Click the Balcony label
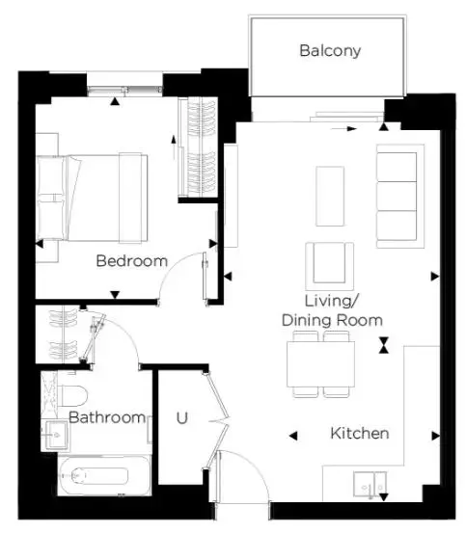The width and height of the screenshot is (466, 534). (x=330, y=51)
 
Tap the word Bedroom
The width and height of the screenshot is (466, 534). (x=132, y=261)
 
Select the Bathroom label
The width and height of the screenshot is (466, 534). (x=107, y=417)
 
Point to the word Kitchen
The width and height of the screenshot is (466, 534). (x=360, y=433)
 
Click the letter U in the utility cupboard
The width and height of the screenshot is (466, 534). (x=182, y=418)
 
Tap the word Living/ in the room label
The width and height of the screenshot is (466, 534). (x=331, y=301)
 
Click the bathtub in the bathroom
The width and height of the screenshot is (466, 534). (x=104, y=475)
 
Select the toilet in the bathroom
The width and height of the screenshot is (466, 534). (x=72, y=396)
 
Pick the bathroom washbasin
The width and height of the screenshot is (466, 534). (x=55, y=436)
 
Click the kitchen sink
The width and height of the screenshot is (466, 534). (x=370, y=484)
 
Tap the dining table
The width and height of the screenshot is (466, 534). (x=320, y=364)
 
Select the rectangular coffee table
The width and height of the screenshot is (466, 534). (x=330, y=197)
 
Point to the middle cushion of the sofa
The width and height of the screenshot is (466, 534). (x=397, y=197)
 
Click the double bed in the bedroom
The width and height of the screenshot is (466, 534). (x=92, y=198)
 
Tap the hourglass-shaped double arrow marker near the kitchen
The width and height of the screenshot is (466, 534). (x=384, y=345)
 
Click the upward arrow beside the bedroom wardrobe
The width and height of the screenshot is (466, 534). (x=174, y=147)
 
